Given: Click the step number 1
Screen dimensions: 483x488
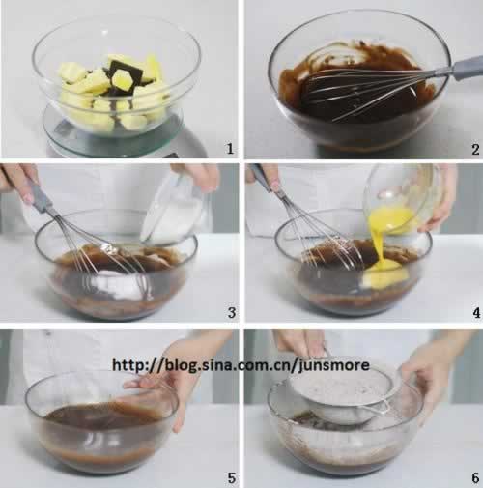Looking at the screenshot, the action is [x=230, y=149].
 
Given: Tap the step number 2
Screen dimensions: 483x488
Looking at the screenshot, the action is [x=475, y=149].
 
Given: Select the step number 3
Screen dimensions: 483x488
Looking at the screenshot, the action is [x=232, y=312].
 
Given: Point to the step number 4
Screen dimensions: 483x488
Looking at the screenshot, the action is [x=476, y=312].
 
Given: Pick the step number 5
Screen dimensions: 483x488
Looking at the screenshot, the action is [x=232, y=478].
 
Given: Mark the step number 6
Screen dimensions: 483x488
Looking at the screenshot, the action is [x=475, y=478].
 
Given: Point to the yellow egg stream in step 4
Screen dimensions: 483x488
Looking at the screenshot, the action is [x=383, y=244].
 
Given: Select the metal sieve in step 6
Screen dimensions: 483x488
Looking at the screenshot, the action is [x=346, y=399].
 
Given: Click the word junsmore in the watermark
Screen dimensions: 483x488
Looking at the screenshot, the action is [x=334, y=365].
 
